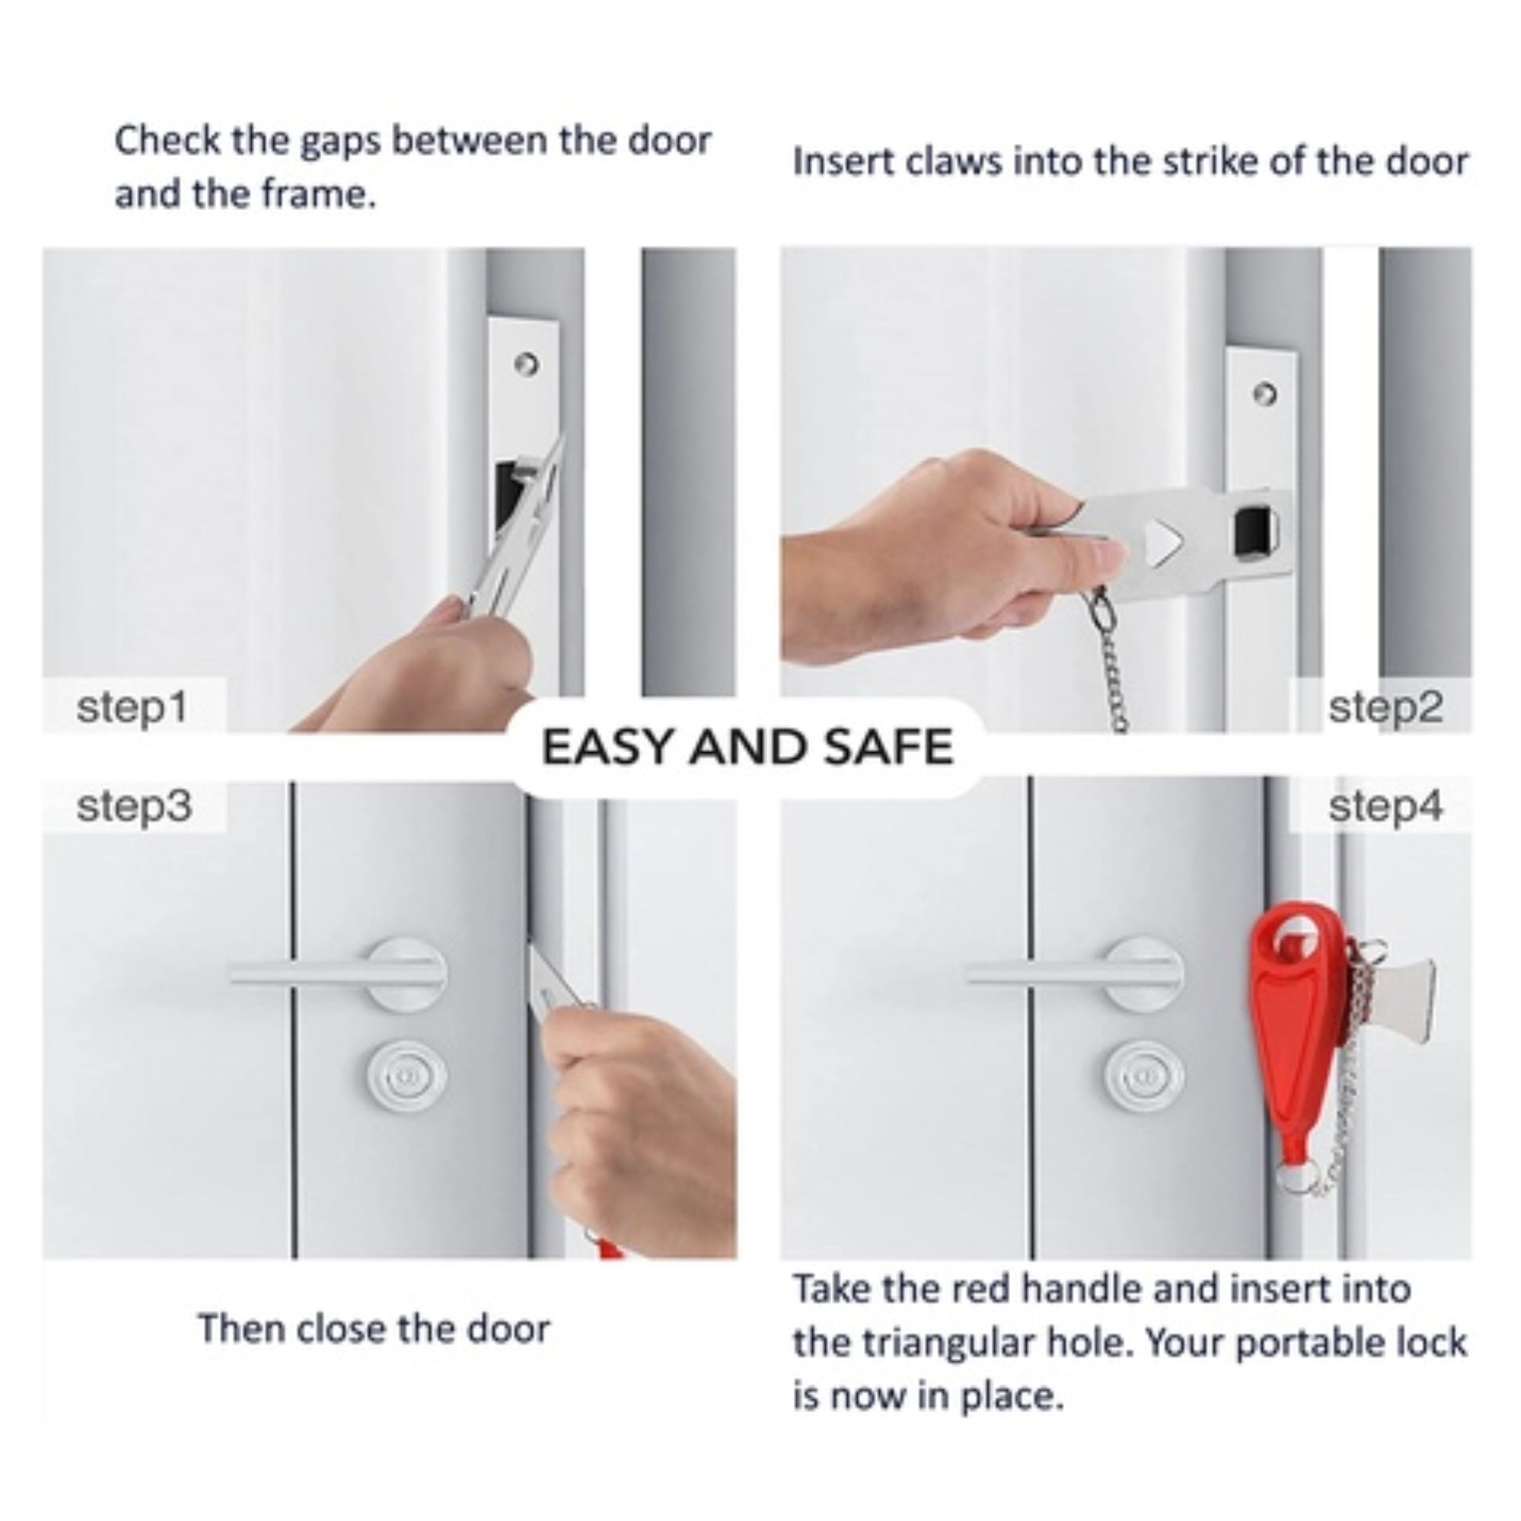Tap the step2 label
tap(1386, 708)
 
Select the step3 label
tap(134, 807)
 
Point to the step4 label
tap(1386, 807)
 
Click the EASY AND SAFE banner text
tap(747, 747)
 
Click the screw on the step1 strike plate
tap(527, 364)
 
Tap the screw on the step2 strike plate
tap(1265, 393)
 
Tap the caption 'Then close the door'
tap(374, 1329)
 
